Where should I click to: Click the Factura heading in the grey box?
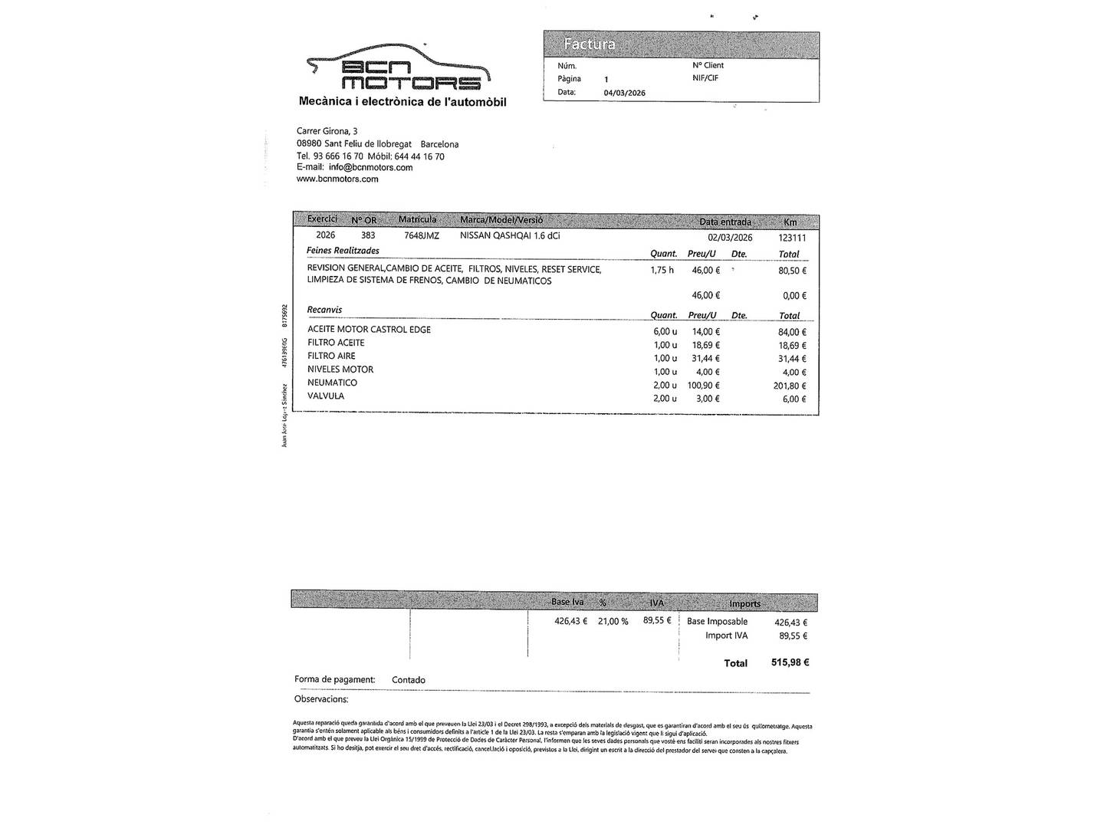pyautogui.click(x=589, y=44)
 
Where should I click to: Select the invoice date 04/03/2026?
pyautogui.click(x=624, y=93)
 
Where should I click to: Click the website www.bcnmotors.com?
pyautogui.click(x=337, y=179)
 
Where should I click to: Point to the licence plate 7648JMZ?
pyautogui.click(x=422, y=236)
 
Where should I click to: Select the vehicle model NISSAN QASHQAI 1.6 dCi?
pyautogui.click(x=510, y=236)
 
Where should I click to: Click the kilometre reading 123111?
pyautogui.click(x=792, y=238)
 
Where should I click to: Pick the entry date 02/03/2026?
pyautogui.click(x=730, y=238)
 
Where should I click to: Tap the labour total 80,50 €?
pyautogui.click(x=792, y=271)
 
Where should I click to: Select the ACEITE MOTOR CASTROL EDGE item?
pyautogui.click(x=369, y=330)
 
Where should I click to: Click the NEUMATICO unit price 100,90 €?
pyautogui.click(x=704, y=385)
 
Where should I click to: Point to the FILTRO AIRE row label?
pyautogui.click(x=331, y=356)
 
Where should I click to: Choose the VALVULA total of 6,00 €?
pyautogui.click(x=793, y=399)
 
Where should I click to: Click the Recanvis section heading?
pyautogui.click(x=324, y=310)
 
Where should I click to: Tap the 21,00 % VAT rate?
pyautogui.click(x=613, y=621)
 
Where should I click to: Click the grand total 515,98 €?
pyautogui.click(x=790, y=662)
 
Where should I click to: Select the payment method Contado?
pyautogui.click(x=408, y=680)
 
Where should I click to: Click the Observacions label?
pyautogui.click(x=321, y=699)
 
